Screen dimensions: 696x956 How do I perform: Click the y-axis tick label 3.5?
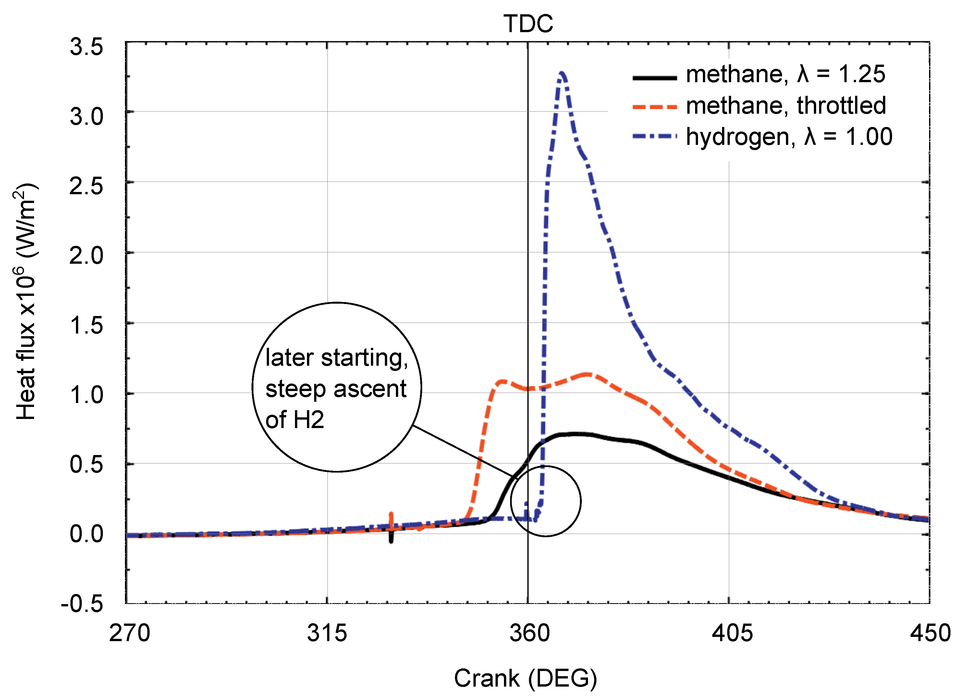pos(86,46)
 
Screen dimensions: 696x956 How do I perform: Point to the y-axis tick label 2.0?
pos(86,256)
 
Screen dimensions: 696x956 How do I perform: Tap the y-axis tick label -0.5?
pos(82,604)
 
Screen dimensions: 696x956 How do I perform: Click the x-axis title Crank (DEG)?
pos(525,678)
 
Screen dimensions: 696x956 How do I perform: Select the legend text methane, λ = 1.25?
pos(785,74)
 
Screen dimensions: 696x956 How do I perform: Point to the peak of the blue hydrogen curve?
pos(561,73)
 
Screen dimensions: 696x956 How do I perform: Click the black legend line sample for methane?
pos(654,78)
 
